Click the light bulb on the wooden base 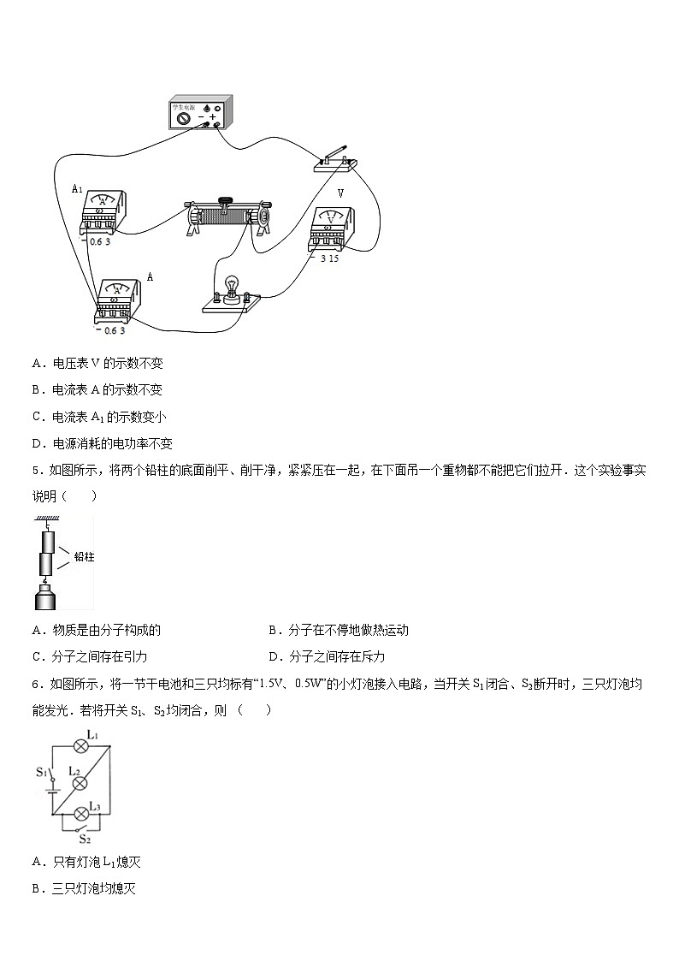pyautogui.click(x=228, y=287)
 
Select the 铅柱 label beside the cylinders pyautogui.click(x=83, y=556)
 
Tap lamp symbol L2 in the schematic pyautogui.click(x=77, y=783)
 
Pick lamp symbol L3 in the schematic pyautogui.click(x=82, y=812)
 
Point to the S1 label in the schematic pyautogui.click(x=40, y=772)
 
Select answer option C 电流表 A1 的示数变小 pyautogui.click(x=98, y=417)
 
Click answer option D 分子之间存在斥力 pyautogui.click(x=326, y=656)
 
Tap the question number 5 pyautogui.click(x=36, y=470)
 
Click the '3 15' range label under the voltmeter pyautogui.click(x=329, y=258)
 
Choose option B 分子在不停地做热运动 pyautogui.click(x=338, y=630)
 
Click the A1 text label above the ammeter pyautogui.click(x=76, y=188)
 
